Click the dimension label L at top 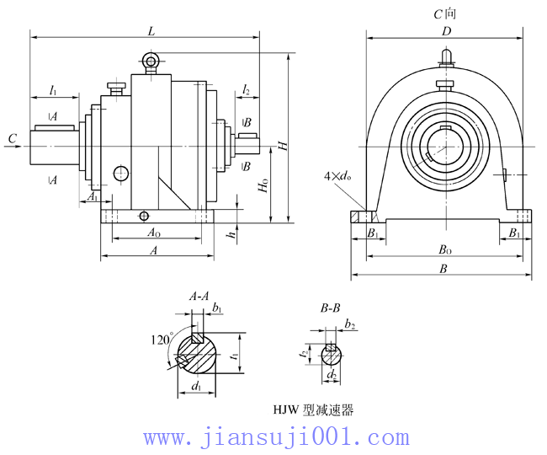pos(151,30)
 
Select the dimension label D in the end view pos(447,31)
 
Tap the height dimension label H pos(284,144)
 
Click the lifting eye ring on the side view pos(151,60)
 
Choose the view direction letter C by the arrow pos(11,137)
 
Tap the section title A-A pos(199,296)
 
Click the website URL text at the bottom pos(276,437)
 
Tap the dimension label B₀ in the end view pos(443,250)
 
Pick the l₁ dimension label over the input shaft pos(52,88)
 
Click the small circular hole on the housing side pos(122,174)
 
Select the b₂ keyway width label pos(350,324)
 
